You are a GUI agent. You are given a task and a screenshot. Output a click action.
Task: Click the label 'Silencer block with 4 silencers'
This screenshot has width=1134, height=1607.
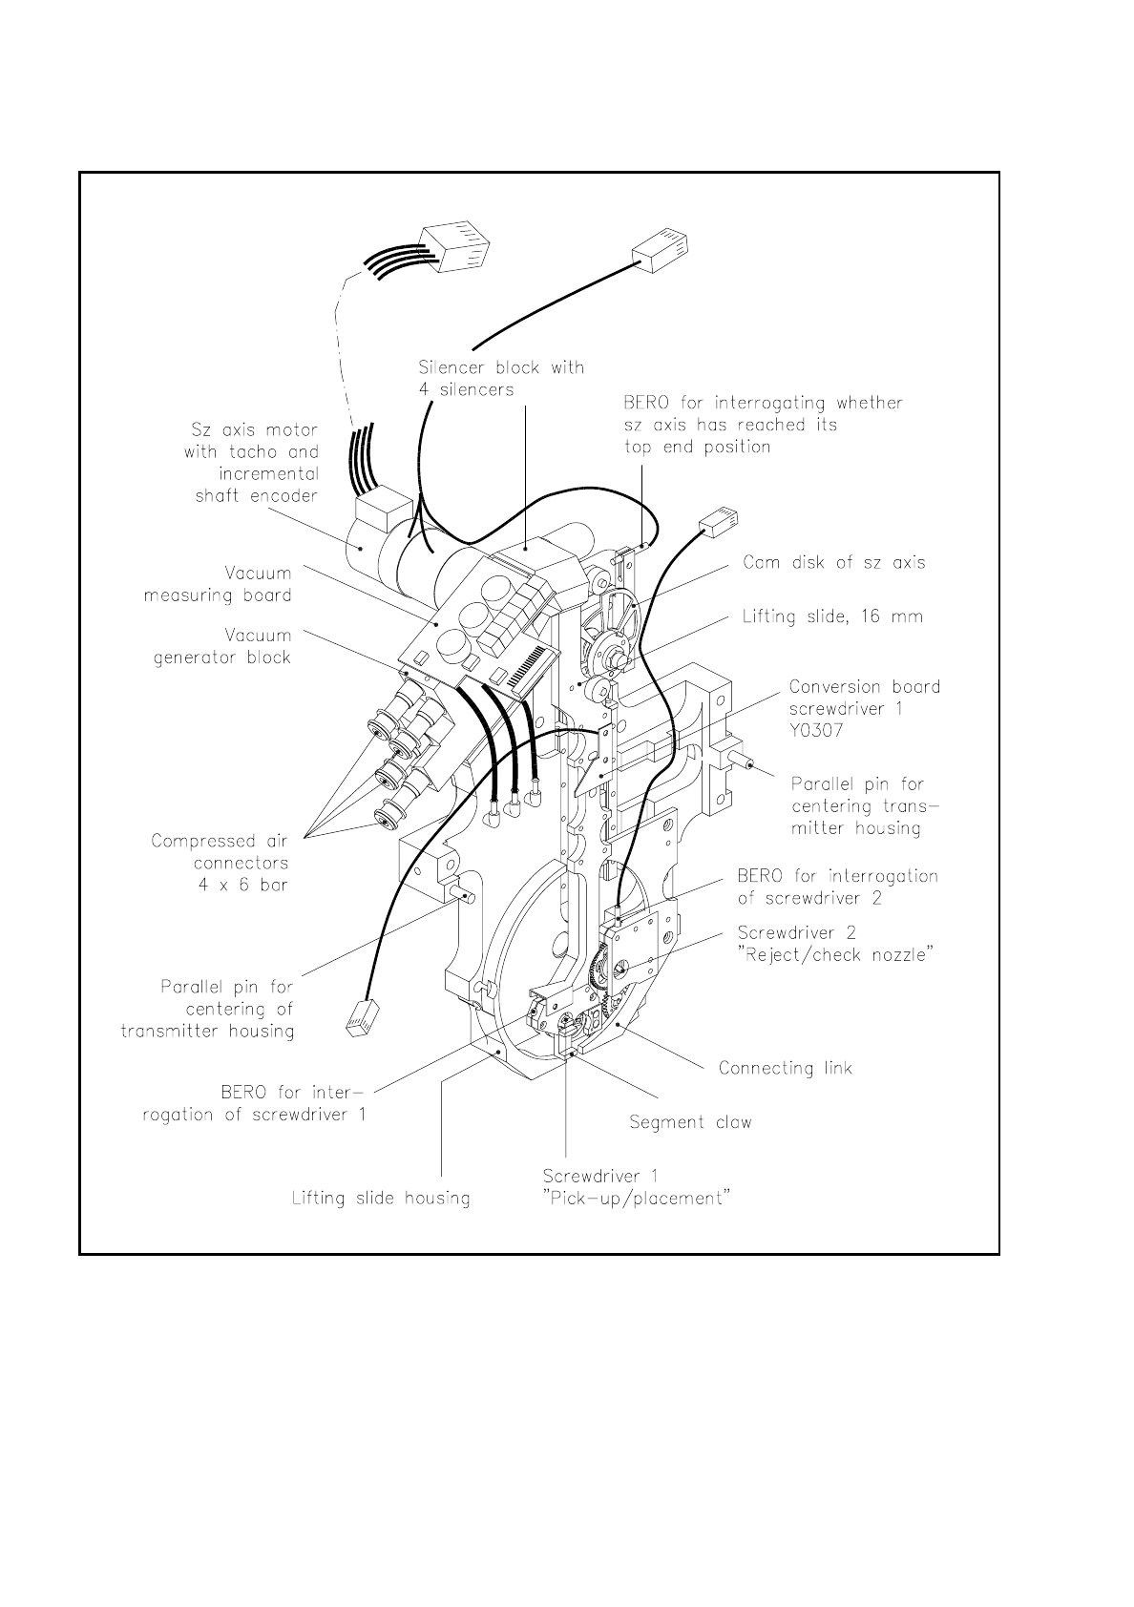tap(501, 378)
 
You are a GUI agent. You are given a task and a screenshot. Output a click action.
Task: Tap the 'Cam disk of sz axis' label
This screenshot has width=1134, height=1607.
tap(833, 562)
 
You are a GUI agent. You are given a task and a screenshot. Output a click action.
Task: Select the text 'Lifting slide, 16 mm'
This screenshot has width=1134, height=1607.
tap(832, 616)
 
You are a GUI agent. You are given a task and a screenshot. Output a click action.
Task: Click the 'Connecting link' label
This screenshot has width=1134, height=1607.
tap(785, 1068)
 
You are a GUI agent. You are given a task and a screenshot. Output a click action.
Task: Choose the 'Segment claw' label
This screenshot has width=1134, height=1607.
tap(690, 1122)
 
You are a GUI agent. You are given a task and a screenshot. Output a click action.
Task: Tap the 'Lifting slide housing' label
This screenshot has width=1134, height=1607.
tap(381, 1198)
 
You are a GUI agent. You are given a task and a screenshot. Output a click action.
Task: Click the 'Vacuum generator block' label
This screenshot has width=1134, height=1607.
tap(222, 646)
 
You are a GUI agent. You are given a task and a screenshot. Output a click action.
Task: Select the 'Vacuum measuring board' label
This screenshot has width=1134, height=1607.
tap(218, 584)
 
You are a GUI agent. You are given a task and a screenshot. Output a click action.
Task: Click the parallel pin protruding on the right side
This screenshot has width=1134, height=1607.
tap(744, 763)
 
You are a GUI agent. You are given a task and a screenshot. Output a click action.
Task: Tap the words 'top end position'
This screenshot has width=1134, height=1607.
tap(697, 446)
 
